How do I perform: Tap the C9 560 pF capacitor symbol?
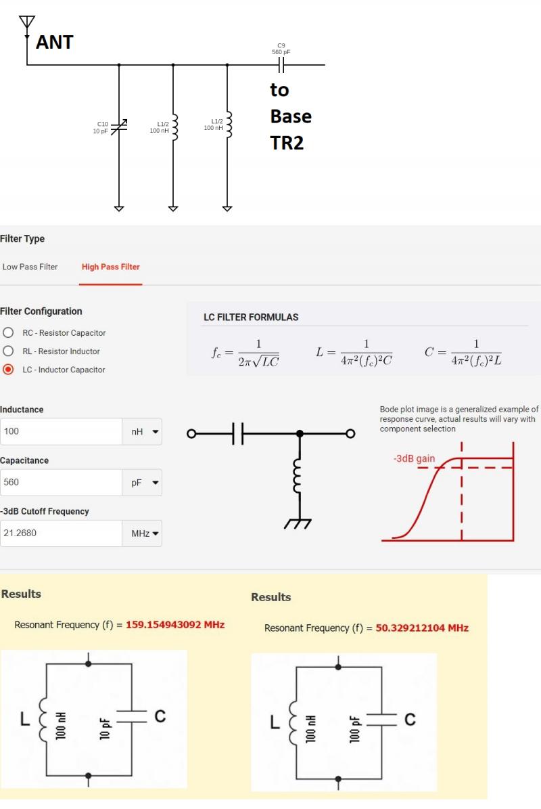(281, 65)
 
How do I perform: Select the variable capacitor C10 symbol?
(119, 127)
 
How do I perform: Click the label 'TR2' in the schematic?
(287, 143)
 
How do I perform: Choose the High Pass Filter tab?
(111, 267)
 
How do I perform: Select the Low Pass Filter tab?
(30, 267)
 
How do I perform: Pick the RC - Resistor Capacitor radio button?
(8, 332)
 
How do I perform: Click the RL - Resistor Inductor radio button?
(8, 351)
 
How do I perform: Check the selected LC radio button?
(8, 370)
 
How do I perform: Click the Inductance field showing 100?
(61, 431)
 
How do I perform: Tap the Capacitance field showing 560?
(61, 483)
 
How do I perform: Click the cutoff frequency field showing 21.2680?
(61, 533)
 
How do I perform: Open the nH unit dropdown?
(142, 431)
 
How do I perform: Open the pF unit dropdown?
(142, 483)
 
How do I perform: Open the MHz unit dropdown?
(142, 533)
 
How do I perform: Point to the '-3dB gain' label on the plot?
(415, 458)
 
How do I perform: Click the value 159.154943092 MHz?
(175, 624)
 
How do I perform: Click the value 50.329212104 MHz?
(422, 628)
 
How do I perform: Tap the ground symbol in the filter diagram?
(298, 524)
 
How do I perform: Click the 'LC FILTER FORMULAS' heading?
(251, 318)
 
